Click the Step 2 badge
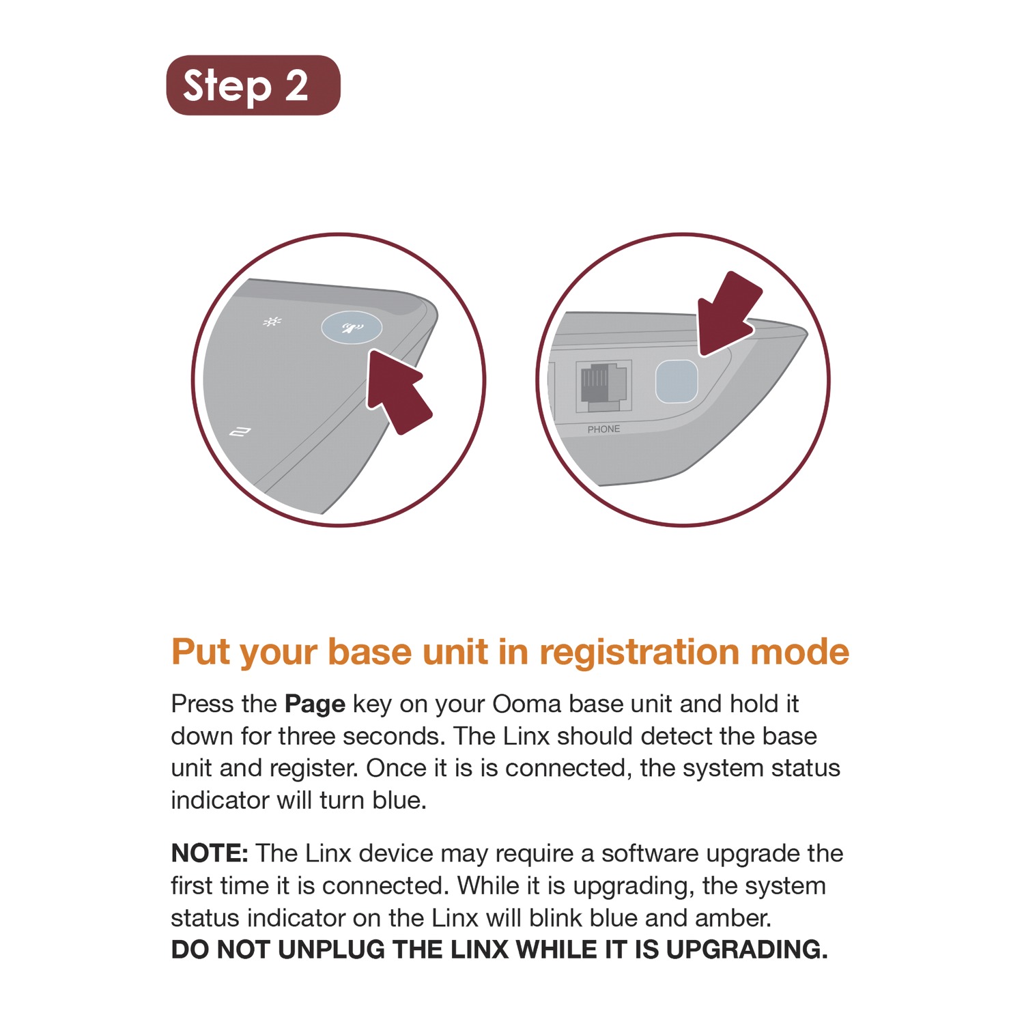[253, 85]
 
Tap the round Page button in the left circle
[352, 328]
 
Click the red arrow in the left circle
[399, 391]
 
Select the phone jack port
[603, 386]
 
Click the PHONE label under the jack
[603, 429]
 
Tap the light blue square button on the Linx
[677, 382]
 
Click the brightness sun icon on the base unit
[272, 322]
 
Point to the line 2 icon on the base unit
[240, 432]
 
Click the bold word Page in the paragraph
[315, 704]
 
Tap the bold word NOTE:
[210, 853]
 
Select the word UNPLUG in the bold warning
[331, 950]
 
